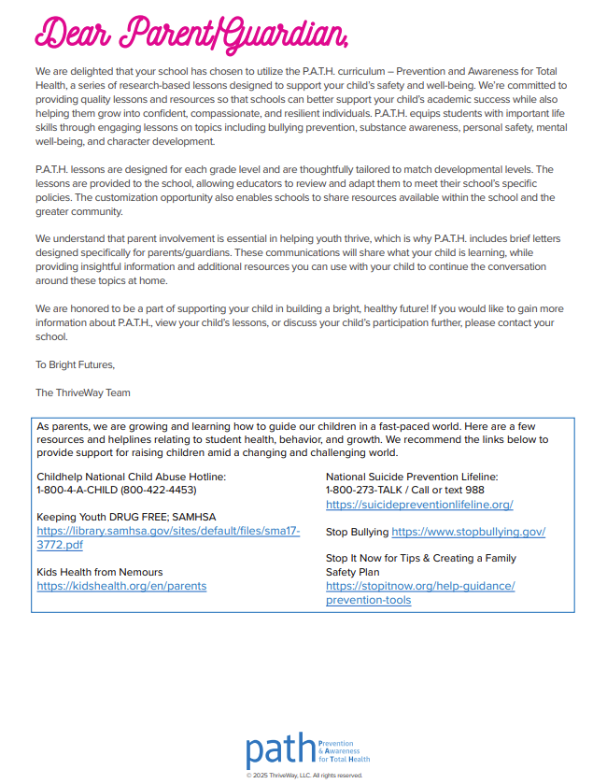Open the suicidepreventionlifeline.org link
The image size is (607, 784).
tap(419, 505)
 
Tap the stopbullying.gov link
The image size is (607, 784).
tap(468, 532)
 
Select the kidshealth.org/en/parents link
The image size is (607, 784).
tap(121, 586)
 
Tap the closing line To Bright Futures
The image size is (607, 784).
tap(75, 364)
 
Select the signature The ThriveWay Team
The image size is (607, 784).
tap(83, 392)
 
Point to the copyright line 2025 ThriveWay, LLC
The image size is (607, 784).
tap(304, 776)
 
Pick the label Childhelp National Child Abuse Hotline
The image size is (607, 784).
tap(132, 477)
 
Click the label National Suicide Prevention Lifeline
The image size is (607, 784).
tap(412, 477)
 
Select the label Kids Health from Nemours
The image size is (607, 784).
tap(99, 572)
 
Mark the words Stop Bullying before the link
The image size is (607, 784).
tap(357, 532)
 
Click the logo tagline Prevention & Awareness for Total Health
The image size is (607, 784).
tap(345, 750)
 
